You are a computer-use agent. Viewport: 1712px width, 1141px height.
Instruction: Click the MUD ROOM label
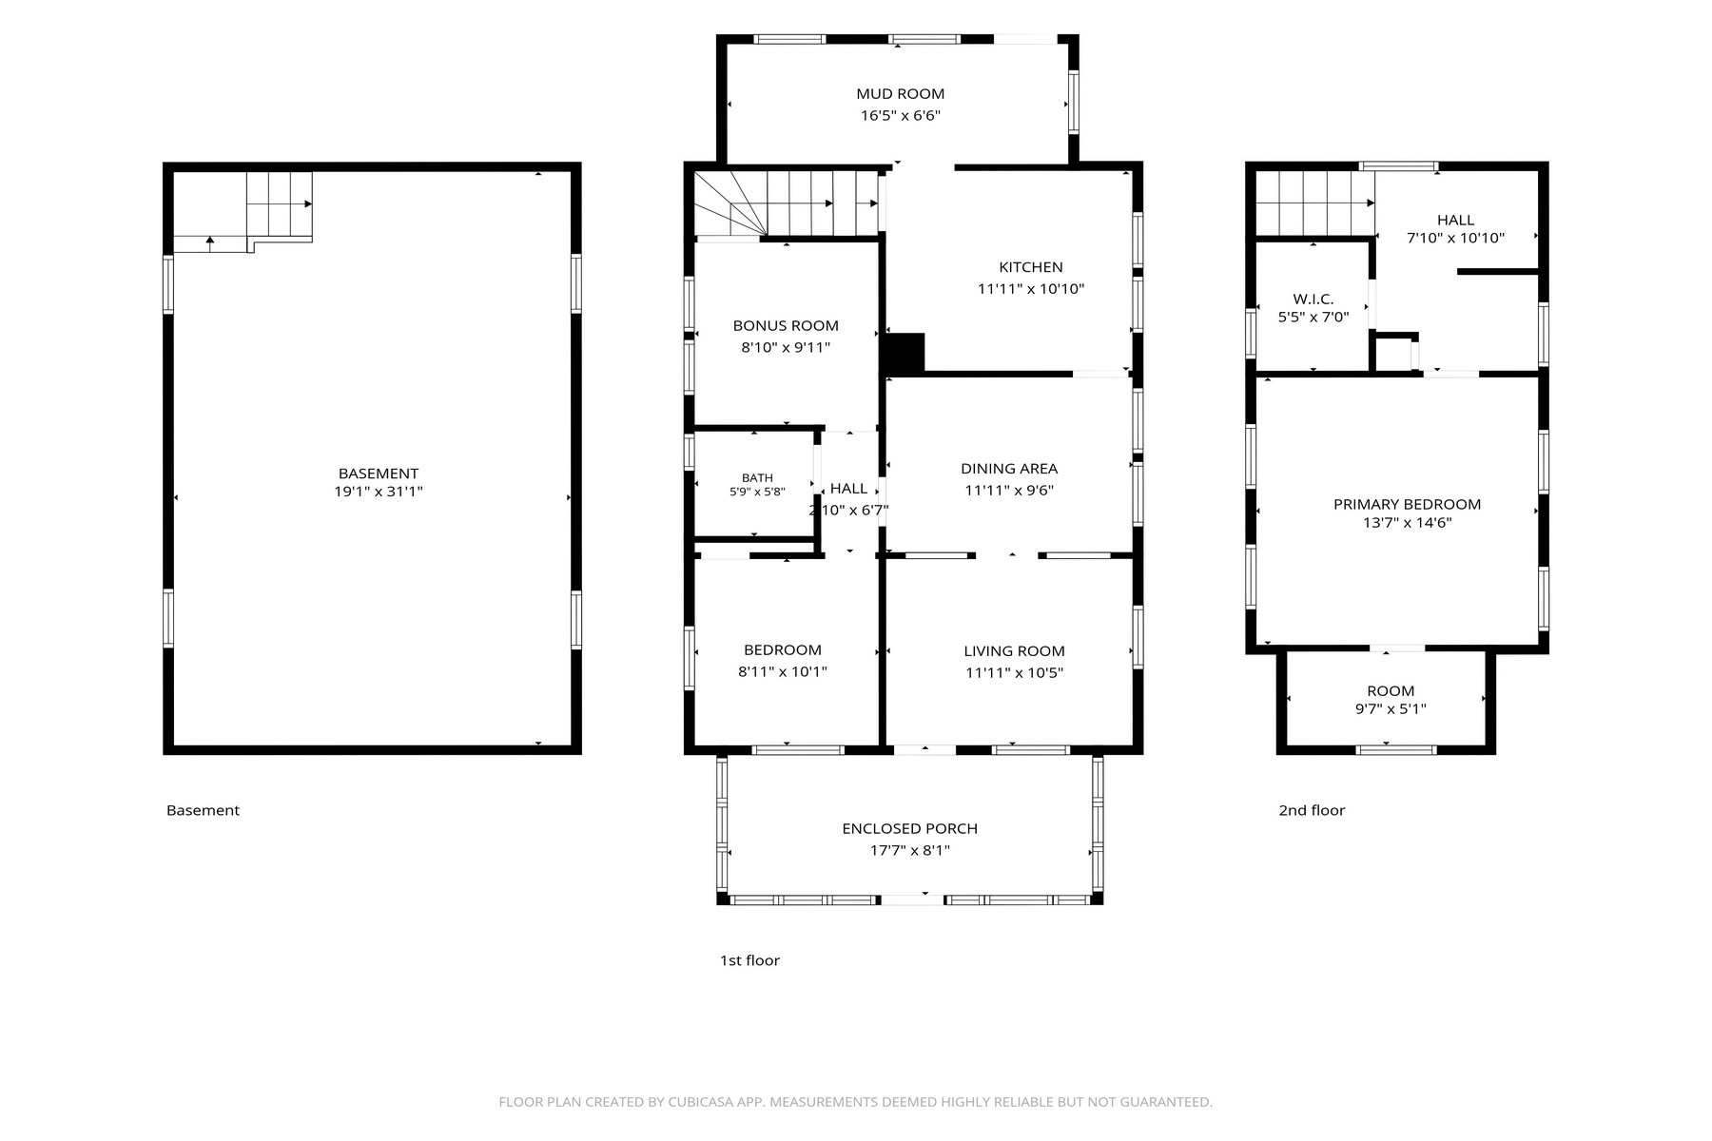click(x=900, y=93)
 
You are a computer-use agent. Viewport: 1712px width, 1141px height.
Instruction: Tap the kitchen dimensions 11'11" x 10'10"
click(x=1031, y=289)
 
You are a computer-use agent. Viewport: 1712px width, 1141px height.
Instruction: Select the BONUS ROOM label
click(x=786, y=326)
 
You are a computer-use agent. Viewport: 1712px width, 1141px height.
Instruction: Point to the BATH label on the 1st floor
click(x=757, y=478)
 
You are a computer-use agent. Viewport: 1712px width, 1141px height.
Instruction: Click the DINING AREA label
click(x=1009, y=469)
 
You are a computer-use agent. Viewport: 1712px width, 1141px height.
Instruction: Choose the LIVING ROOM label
click(x=1014, y=651)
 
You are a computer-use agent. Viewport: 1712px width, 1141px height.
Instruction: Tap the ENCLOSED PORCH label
click(x=909, y=829)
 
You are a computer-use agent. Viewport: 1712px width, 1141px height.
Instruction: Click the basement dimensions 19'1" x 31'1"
click(x=379, y=492)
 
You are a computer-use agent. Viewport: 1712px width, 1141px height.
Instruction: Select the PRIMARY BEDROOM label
click(x=1407, y=505)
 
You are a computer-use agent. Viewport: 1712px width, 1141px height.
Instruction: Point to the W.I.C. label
click(x=1313, y=300)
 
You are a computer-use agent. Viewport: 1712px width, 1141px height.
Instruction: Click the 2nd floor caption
click(x=1312, y=810)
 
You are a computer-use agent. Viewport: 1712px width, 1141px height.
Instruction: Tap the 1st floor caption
click(x=749, y=960)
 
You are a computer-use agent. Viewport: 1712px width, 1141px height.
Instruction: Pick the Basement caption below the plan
click(x=203, y=810)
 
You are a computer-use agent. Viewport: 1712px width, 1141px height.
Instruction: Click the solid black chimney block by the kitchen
click(x=905, y=354)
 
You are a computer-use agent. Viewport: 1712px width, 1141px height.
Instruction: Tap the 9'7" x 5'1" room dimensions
click(x=1391, y=708)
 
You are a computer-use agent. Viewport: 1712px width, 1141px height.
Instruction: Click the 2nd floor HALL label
click(x=1455, y=221)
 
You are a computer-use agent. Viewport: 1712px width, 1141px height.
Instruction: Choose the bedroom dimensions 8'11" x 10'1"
click(x=783, y=671)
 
